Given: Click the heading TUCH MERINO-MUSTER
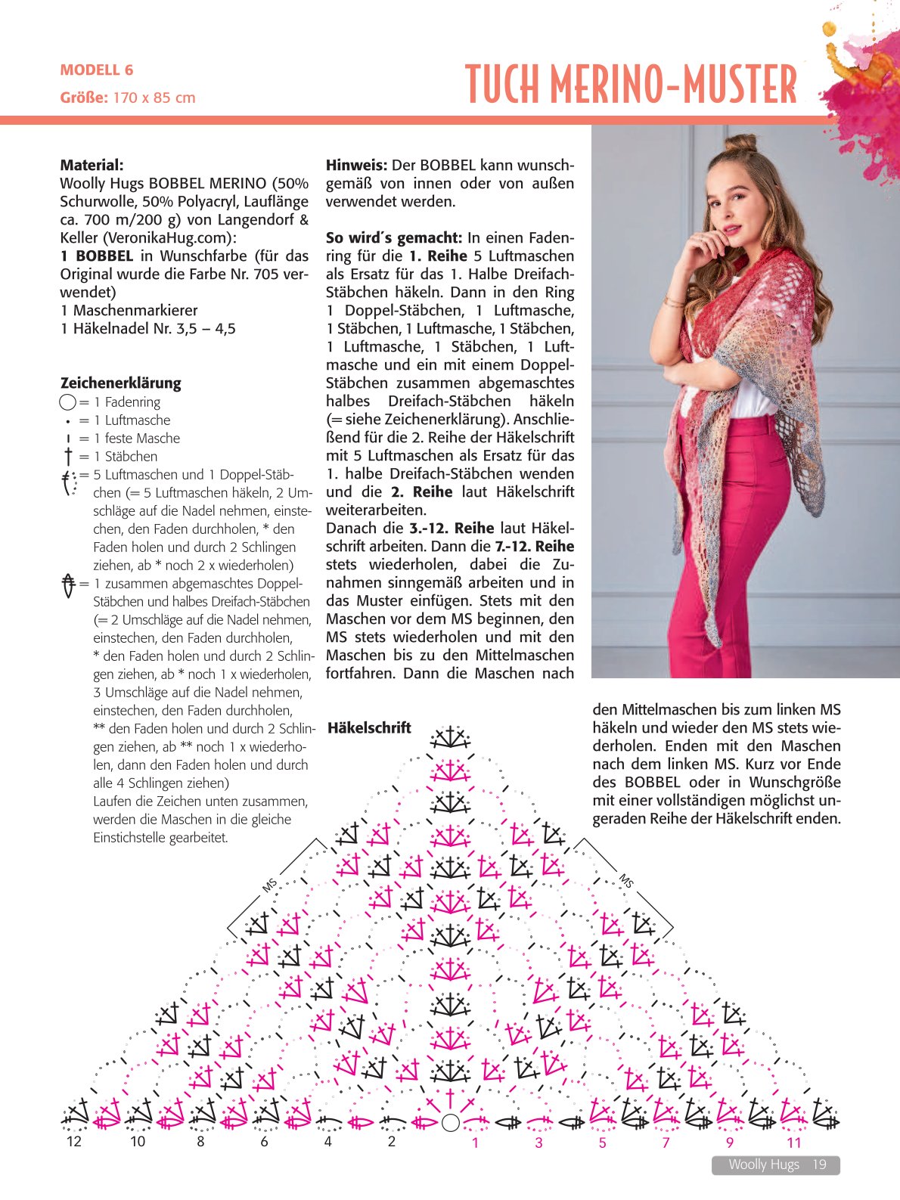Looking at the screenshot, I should click(631, 84).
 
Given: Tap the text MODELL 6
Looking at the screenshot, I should click(97, 70).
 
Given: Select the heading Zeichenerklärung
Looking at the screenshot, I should click(121, 383).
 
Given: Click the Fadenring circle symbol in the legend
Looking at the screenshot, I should click(67, 402).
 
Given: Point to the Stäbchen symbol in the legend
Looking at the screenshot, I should click(68, 457).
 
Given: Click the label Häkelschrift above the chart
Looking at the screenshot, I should click(369, 727).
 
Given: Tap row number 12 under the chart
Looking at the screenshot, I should click(73, 1141).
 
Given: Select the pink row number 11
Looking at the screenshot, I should click(793, 1143).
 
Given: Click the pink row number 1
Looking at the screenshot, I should click(475, 1143).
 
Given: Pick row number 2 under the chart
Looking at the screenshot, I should click(391, 1141).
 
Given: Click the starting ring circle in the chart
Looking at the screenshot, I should click(450, 1122).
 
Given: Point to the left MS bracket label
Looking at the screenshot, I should click(270, 884).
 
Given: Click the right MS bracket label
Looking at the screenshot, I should click(626, 880).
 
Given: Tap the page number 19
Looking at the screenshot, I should click(820, 1164).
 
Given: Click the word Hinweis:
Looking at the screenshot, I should click(356, 165).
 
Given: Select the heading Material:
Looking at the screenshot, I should click(92, 165).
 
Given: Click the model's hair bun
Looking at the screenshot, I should click(740, 142).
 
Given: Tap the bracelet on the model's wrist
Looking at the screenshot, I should click(674, 302).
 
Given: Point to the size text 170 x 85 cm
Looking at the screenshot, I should click(154, 98).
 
